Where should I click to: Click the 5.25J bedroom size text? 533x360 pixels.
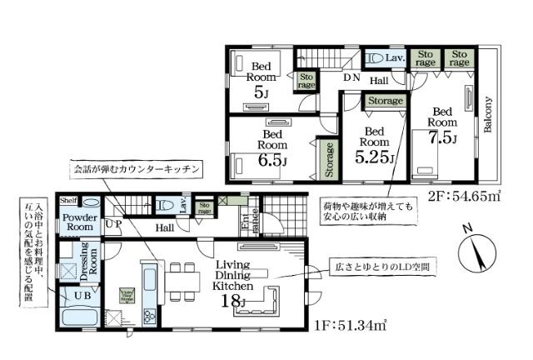coord(374,156)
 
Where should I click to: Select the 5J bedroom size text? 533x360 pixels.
coord(262,92)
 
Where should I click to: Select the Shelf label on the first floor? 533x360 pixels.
coord(68,200)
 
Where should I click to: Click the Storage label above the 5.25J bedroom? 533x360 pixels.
coord(385,101)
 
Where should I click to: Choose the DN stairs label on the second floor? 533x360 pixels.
coord(352,77)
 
